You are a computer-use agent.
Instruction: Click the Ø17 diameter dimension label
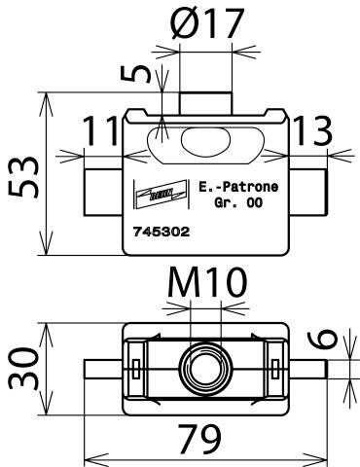point(206,25)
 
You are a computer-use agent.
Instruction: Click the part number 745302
point(161,233)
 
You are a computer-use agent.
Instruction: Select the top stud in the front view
point(207,102)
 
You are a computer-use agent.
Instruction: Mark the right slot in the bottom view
point(276,368)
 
